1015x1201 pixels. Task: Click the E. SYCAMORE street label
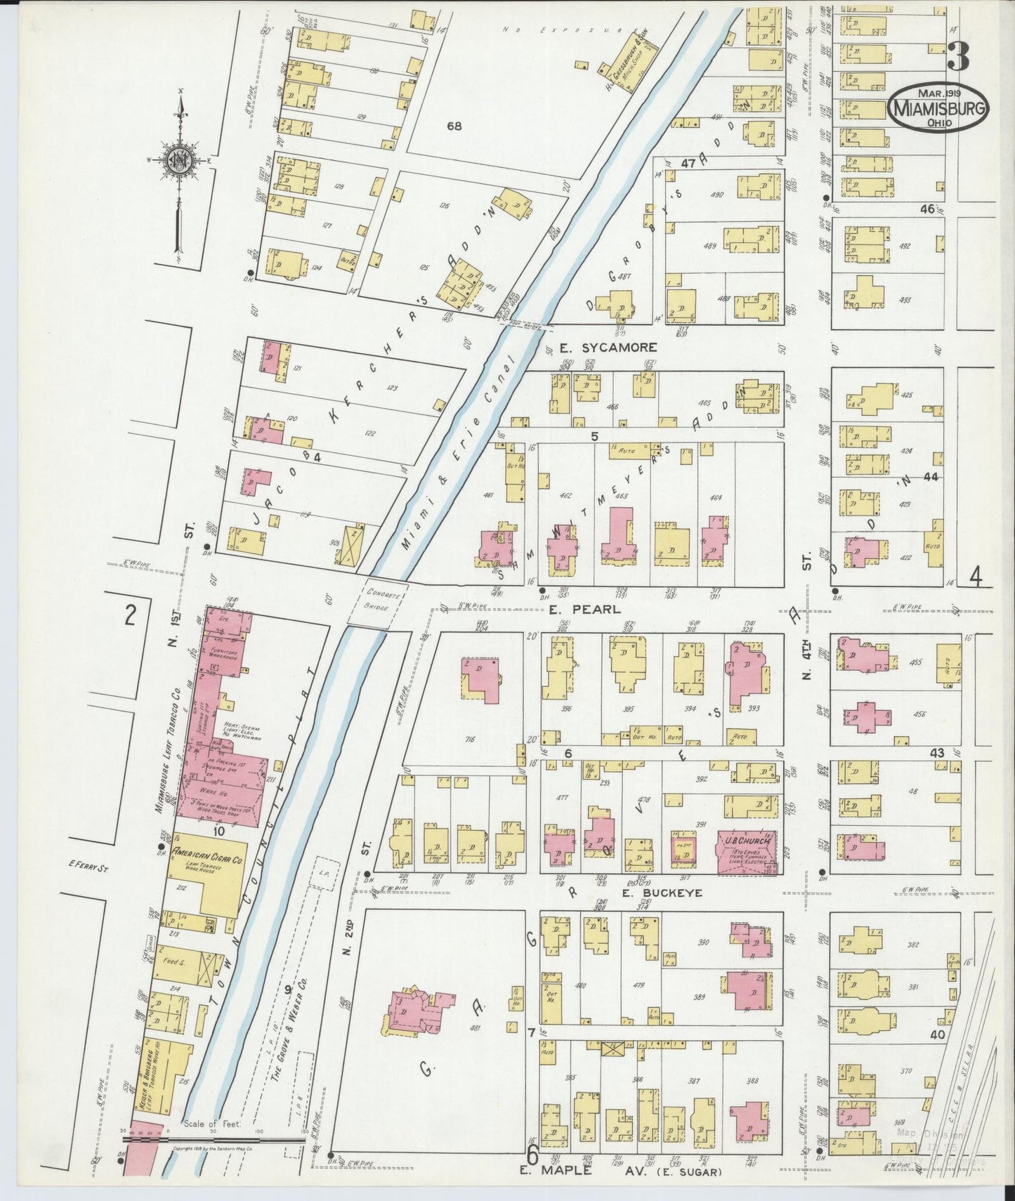click(x=609, y=347)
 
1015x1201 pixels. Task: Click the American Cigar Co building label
click(x=207, y=855)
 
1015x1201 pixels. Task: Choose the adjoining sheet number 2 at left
click(x=129, y=615)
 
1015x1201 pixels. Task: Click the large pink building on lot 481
click(x=419, y=1009)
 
